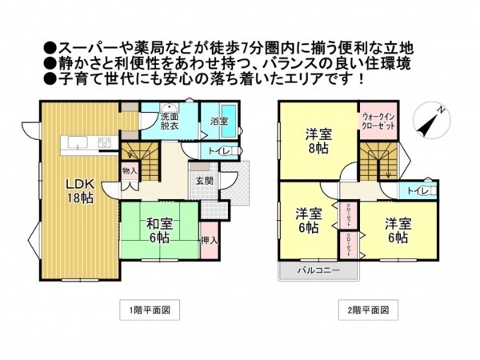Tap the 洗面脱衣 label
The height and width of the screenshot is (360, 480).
[169, 121]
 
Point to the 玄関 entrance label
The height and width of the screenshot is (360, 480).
[204, 181]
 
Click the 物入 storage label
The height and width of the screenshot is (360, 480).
[130, 170]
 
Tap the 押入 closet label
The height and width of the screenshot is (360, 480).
[209, 239]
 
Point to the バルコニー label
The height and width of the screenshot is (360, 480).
[319, 270]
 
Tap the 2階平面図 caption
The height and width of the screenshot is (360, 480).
[366, 310]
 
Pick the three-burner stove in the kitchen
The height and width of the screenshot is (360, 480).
[106, 143]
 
